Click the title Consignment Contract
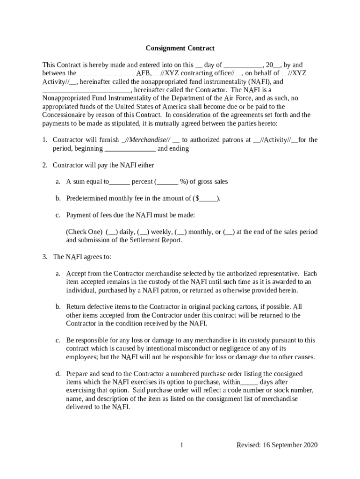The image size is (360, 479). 180,48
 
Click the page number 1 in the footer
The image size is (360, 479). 181,445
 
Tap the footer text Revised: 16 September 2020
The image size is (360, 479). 277,445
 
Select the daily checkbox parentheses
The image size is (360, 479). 112,232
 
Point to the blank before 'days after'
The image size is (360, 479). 249,382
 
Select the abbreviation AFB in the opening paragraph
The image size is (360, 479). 144,73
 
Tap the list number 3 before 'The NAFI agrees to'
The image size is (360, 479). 44,257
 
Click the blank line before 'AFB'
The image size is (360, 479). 106,73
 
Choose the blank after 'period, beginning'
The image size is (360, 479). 130,149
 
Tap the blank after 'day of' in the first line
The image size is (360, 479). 243,65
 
